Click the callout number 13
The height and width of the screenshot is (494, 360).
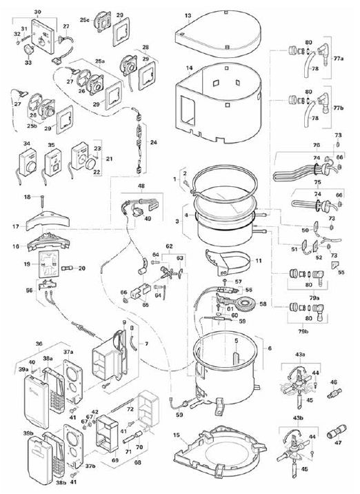(x=188, y=15)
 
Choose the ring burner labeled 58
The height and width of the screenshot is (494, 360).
(x=241, y=304)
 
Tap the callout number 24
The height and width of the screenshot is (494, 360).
(x=154, y=142)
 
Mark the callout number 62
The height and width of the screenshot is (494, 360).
(x=168, y=245)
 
